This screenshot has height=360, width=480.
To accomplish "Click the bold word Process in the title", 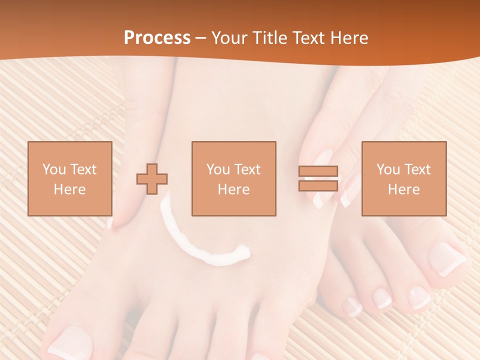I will [157, 38].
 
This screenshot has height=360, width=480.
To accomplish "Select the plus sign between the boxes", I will [152, 178].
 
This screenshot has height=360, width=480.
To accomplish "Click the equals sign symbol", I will [318, 178].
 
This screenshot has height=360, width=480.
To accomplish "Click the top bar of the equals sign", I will [318, 171].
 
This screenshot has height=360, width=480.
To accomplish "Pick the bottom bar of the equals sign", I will [318, 185].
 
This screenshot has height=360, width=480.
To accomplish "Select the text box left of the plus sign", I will [69, 178].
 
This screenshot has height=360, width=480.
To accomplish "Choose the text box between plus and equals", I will [233, 178].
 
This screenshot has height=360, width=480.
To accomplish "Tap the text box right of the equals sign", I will [403, 178].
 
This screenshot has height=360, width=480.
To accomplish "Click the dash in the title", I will [200, 38].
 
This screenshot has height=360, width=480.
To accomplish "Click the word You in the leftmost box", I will [54, 169].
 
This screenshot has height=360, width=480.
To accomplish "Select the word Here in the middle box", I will [233, 189].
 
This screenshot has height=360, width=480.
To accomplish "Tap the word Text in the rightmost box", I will [417, 169].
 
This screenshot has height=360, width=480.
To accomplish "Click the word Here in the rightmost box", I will [403, 189].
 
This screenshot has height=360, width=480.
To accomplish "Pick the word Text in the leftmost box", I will [83, 169].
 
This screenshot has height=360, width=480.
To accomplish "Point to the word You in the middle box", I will [218, 169].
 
